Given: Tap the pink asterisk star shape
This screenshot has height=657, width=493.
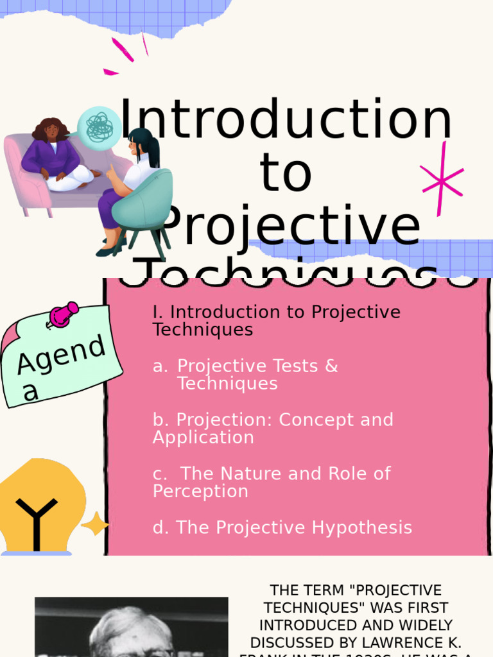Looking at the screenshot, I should [442, 179].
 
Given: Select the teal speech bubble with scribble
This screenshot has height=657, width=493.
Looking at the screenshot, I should [99, 126].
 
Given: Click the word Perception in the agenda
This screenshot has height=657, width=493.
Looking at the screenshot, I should [200, 491].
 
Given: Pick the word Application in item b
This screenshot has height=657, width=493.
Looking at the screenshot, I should [203, 438].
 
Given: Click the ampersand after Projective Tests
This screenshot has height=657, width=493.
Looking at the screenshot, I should [331, 366].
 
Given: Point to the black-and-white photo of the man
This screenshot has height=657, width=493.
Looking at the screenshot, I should [131, 627].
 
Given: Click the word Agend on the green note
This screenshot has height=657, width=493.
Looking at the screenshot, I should [61, 355].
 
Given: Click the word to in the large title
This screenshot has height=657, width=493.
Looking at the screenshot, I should [286, 173].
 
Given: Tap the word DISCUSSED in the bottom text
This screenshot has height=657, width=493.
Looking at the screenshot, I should [293, 642].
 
